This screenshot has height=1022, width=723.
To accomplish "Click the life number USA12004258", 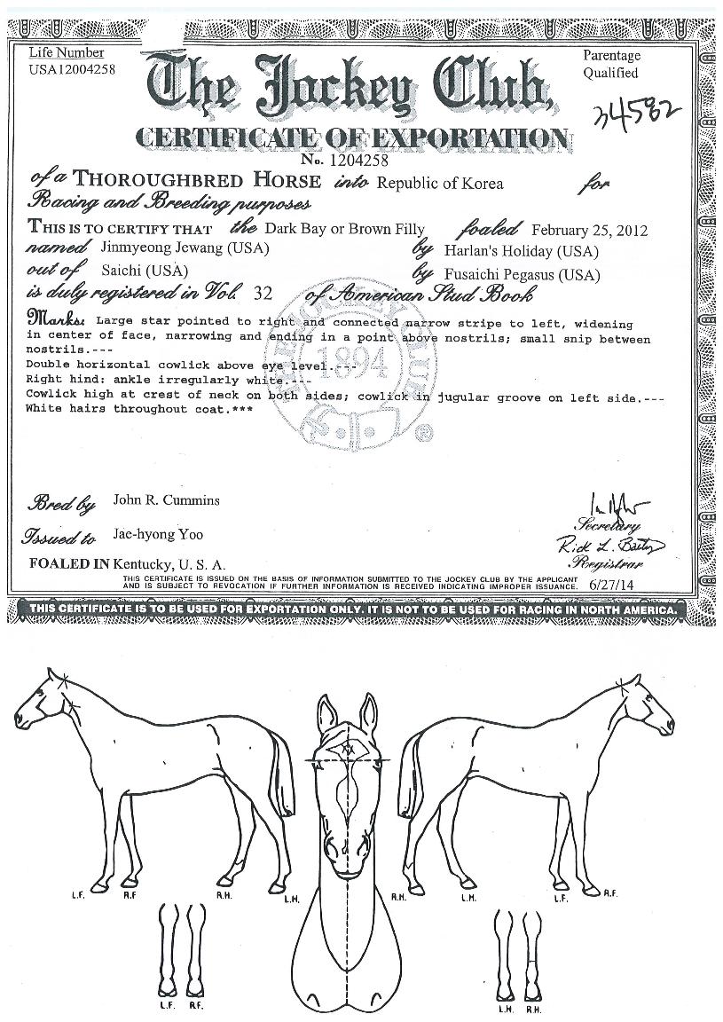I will pyautogui.click(x=72, y=70).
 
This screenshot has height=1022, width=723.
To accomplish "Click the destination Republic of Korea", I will pyautogui.click(x=440, y=184).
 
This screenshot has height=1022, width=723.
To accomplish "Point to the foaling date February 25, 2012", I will pyautogui.click(x=589, y=231).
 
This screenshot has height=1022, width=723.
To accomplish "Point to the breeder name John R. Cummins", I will pyautogui.click(x=167, y=500).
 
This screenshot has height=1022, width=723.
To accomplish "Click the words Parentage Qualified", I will pyautogui.click(x=612, y=64).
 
